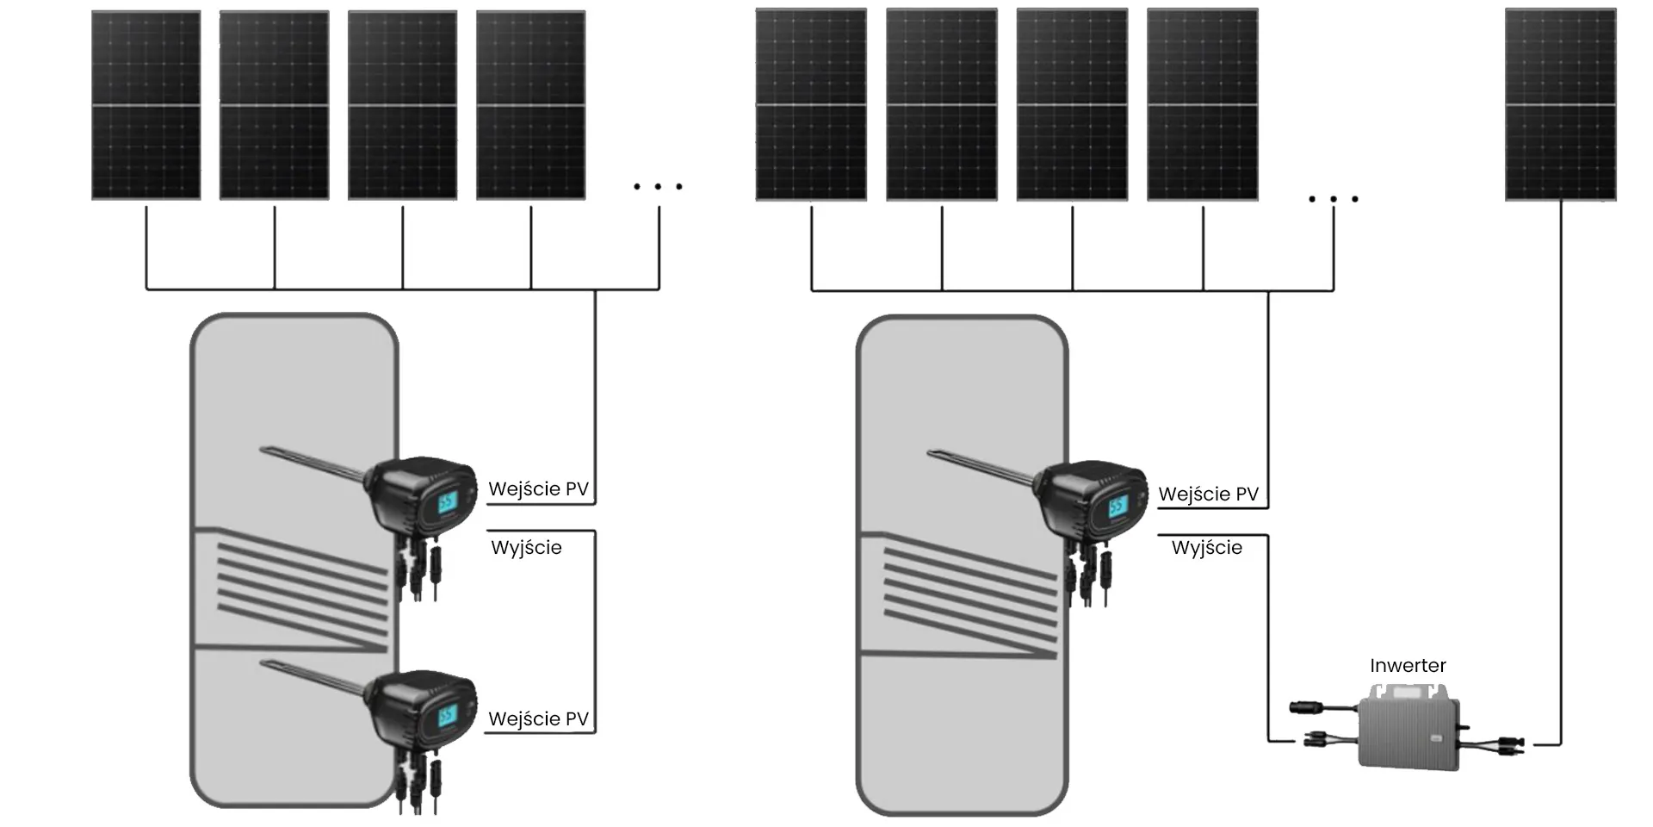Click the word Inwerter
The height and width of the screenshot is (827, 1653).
(x=1408, y=666)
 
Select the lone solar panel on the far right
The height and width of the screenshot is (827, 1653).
(x=1560, y=105)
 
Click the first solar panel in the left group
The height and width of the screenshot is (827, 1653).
(x=146, y=105)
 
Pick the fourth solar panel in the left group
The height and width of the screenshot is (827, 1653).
(x=530, y=105)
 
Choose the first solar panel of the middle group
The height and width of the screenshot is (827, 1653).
(x=811, y=105)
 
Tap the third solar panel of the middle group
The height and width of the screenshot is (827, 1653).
(x=1072, y=105)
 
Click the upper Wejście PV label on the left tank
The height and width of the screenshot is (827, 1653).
(x=538, y=489)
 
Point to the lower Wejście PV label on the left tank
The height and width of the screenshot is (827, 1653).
(x=538, y=719)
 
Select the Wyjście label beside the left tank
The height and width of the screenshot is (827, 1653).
(x=526, y=548)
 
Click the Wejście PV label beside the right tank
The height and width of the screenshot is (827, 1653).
(x=1208, y=494)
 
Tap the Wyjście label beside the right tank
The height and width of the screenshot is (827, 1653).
(x=1206, y=548)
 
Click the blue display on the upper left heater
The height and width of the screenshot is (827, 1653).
(x=448, y=503)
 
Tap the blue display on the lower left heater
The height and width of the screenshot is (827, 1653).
(x=448, y=716)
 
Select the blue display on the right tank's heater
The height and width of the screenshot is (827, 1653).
(x=1117, y=507)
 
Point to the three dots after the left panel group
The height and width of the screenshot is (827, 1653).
(x=658, y=186)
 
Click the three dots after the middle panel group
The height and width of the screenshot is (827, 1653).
(x=1333, y=199)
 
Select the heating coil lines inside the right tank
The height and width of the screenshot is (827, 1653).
(x=969, y=594)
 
